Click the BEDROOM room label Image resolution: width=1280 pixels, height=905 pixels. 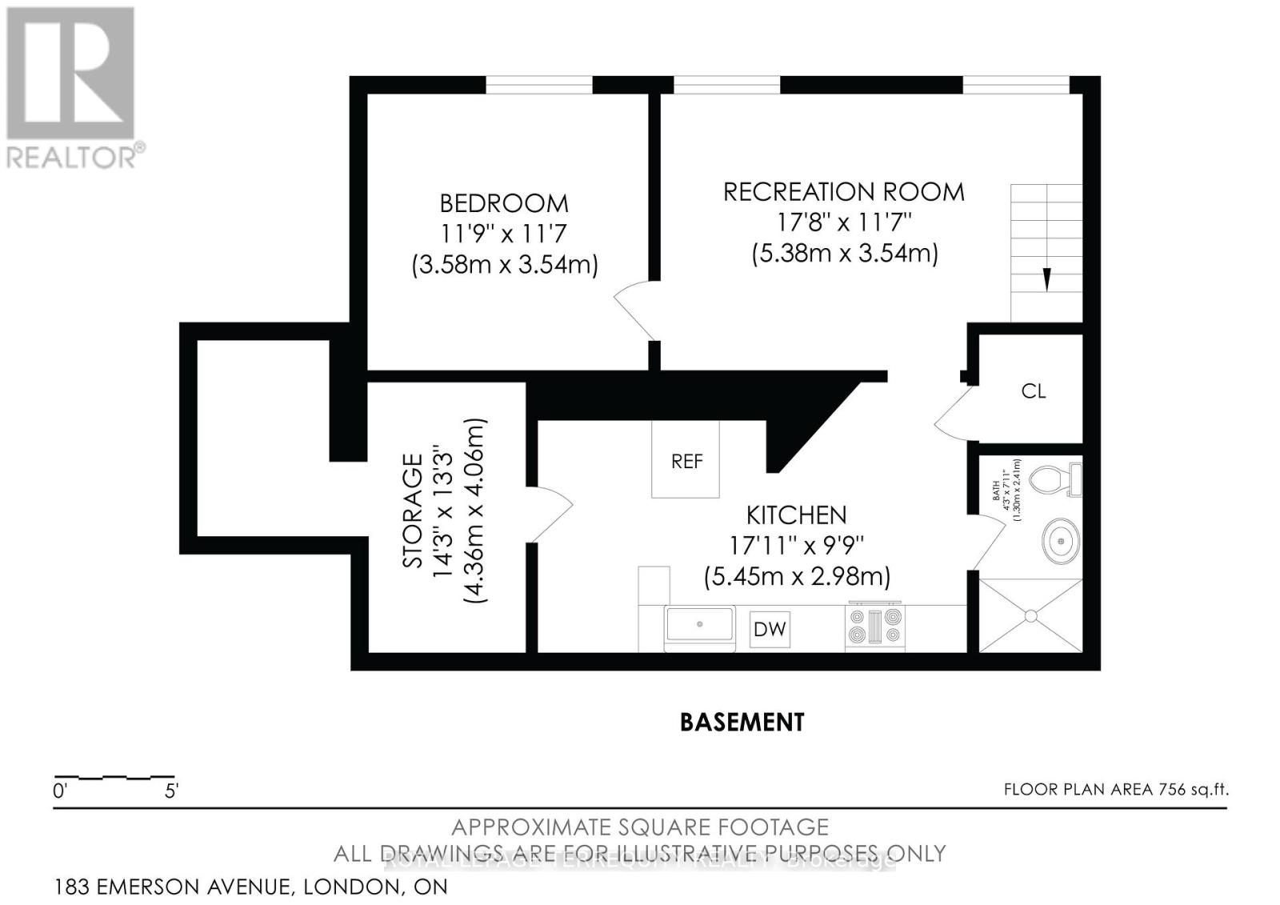point(504,203)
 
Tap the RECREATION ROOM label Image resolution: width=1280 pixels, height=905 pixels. point(844,192)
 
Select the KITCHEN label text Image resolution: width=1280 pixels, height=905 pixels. point(796,515)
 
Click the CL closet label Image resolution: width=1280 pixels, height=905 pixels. point(1034,391)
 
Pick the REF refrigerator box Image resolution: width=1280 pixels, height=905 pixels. point(686,460)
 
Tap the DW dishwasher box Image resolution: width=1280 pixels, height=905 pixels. point(770,629)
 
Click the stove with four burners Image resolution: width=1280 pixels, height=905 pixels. point(875,627)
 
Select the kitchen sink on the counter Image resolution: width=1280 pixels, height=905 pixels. point(700,624)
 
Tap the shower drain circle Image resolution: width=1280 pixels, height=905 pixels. point(1030,615)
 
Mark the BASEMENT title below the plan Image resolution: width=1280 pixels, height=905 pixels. point(742,723)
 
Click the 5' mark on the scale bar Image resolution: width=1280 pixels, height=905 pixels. point(171,792)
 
